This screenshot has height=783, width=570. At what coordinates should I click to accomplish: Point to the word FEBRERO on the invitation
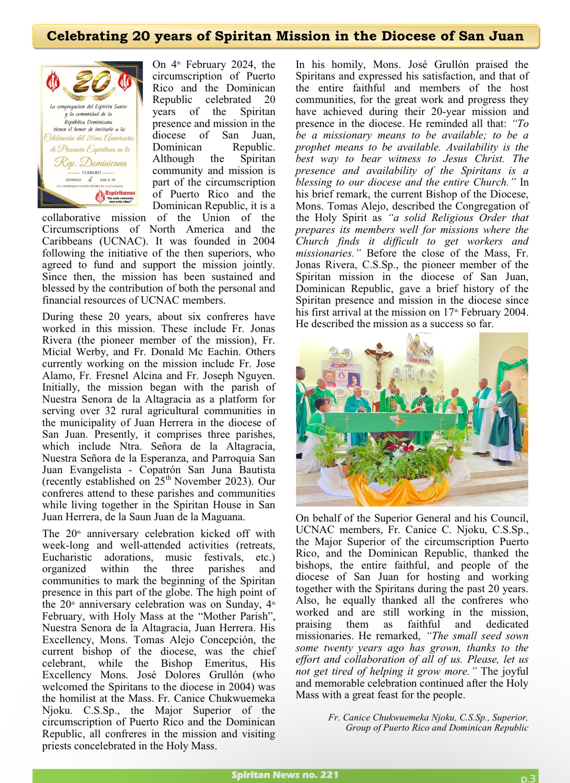(x=91, y=172)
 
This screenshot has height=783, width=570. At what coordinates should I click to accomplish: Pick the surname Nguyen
(x=258, y=376)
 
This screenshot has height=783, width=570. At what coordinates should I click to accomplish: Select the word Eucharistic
(x=67, y=558)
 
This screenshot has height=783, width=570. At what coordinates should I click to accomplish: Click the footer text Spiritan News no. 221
(x=285, y=775)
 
